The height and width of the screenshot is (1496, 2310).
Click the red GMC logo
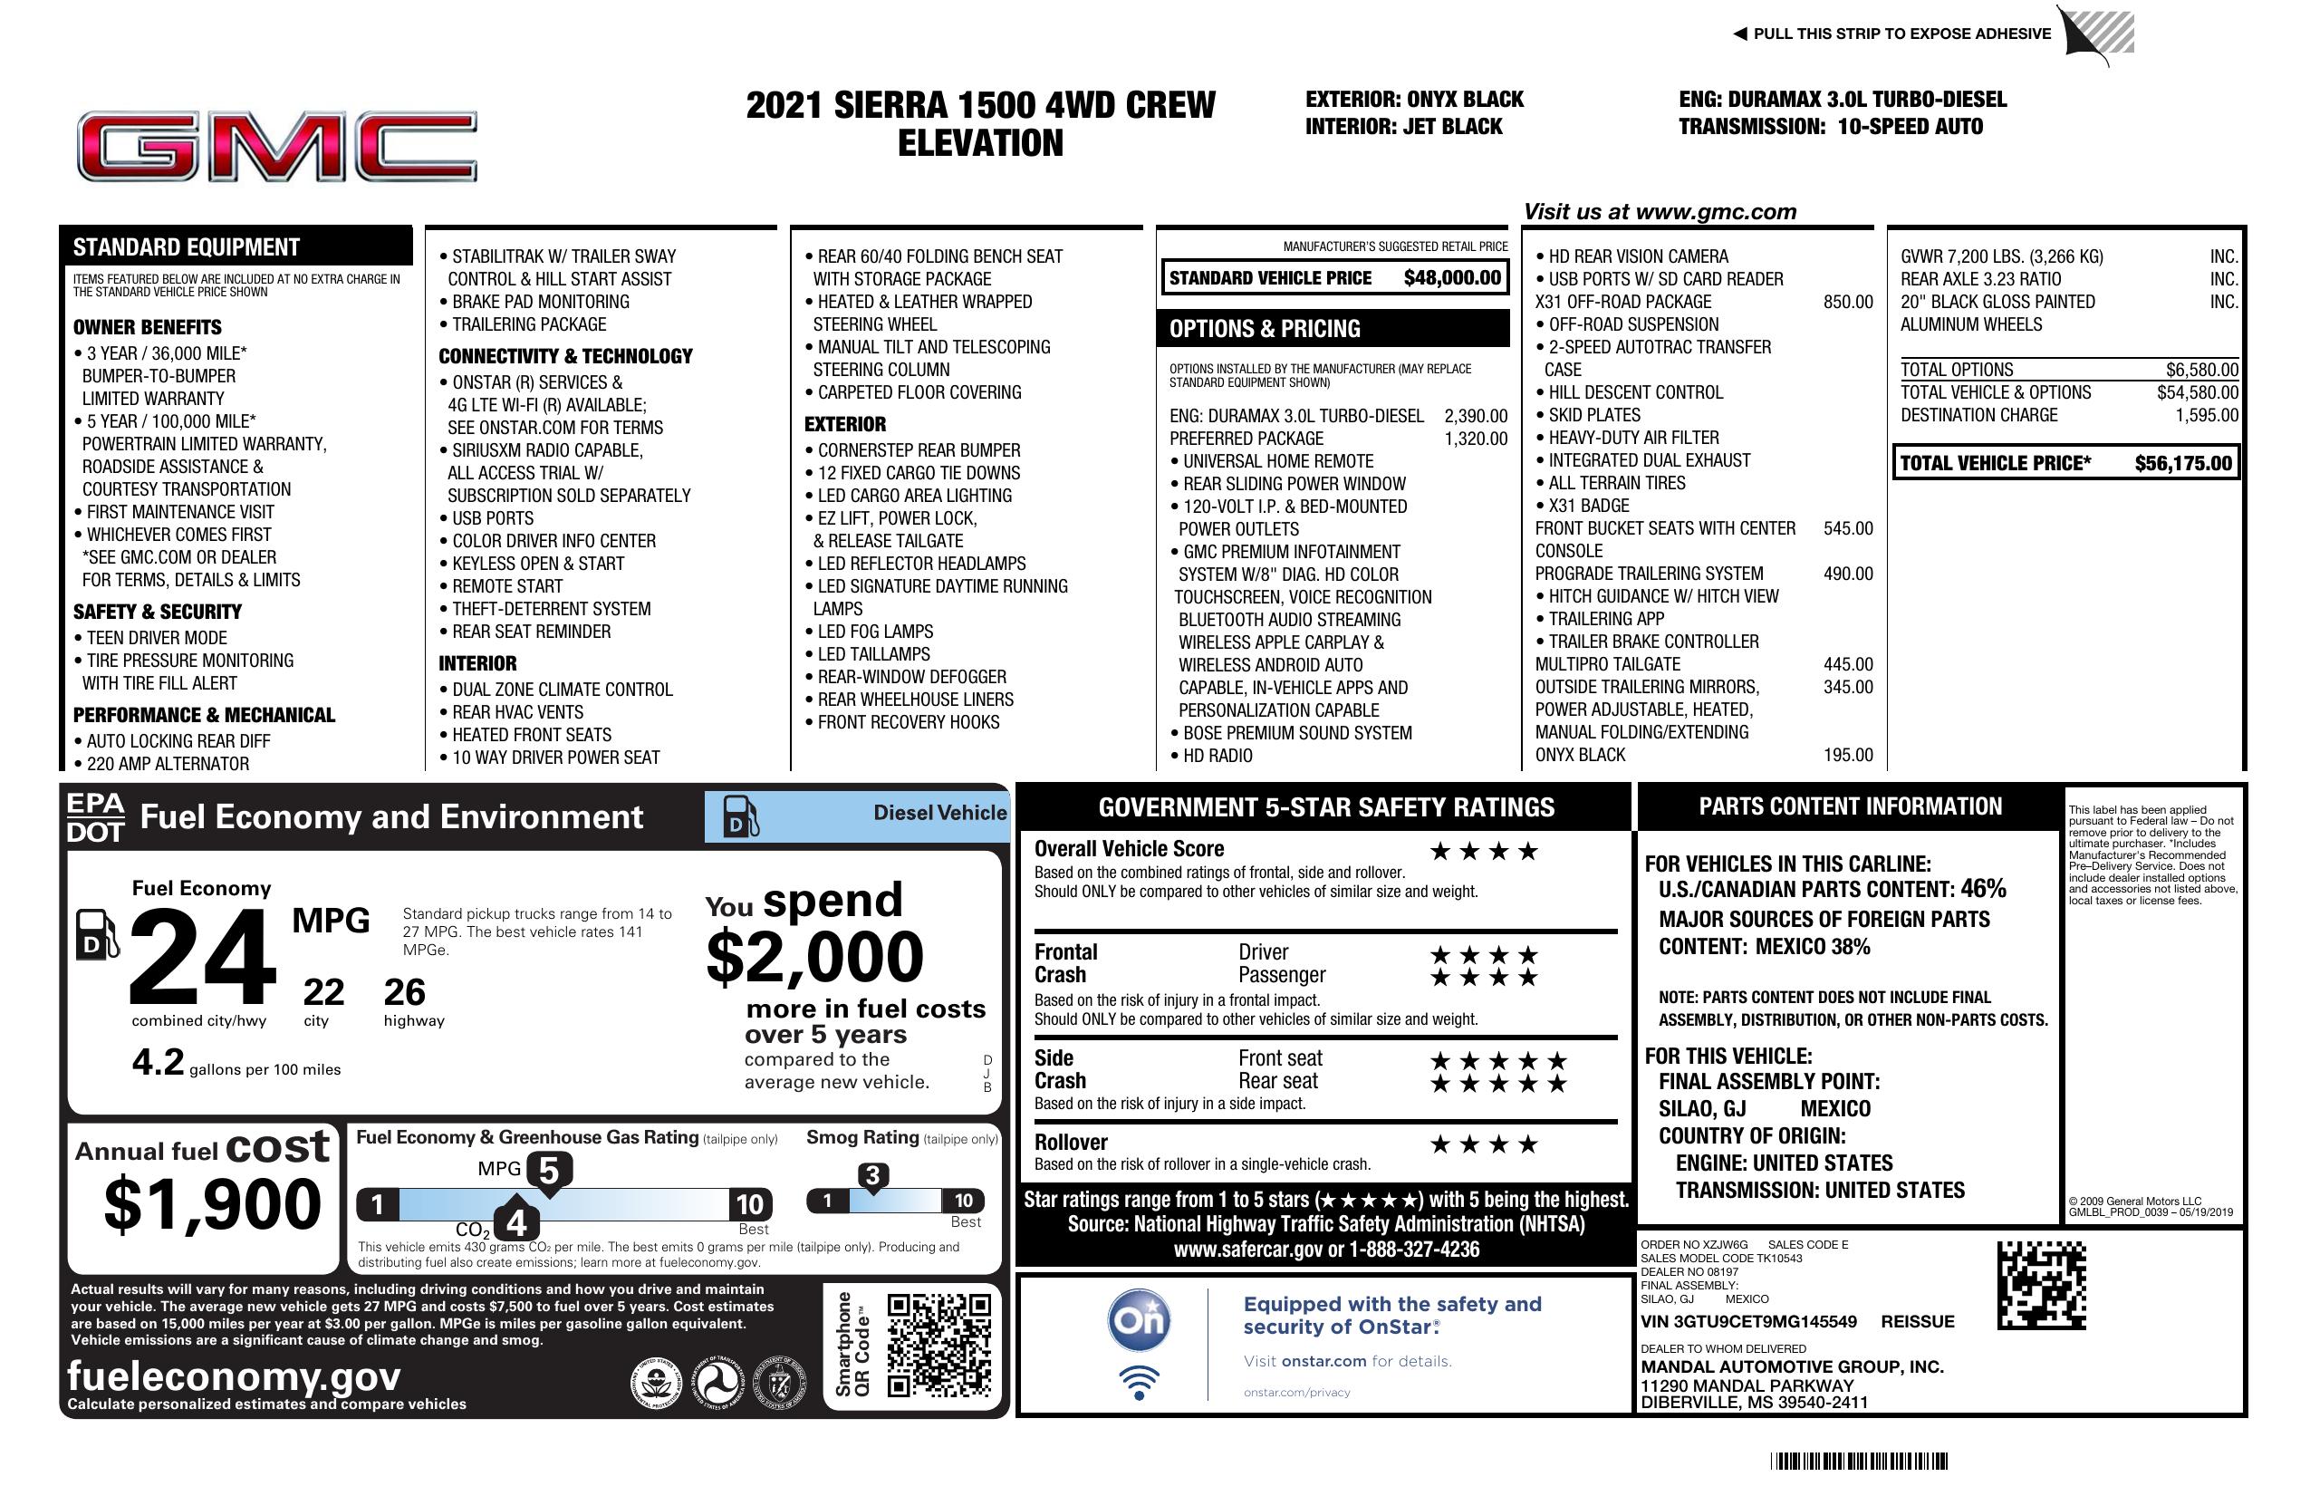[x=276, y=147]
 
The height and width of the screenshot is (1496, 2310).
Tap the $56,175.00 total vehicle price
[x=2183, y=463]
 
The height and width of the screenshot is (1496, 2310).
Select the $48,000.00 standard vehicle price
[x=1452, y=278]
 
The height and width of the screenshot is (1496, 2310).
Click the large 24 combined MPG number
[x=202, y=957]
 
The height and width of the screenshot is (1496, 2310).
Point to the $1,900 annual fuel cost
[x=212, y=1204]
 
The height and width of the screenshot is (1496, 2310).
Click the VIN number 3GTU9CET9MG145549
[x=1748, y=1321]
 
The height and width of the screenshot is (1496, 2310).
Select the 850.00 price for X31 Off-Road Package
[x=1847, y=302]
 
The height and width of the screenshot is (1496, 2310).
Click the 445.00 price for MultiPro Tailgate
[x=1847, y=664]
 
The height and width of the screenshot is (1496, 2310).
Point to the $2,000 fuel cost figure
[x=814, y=957]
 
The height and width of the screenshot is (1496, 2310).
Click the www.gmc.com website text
[x=1715, y=212]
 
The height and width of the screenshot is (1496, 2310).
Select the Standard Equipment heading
[x=187, y=247]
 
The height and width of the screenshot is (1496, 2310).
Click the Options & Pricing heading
[x=1264, y=329]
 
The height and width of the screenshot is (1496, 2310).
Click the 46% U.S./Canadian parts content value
[x=1982, y=888]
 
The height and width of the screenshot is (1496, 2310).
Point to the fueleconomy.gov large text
[x=234, y=1375]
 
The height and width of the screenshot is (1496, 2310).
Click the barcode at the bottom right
[x=1858, y=1461]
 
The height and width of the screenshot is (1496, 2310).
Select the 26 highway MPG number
[x=404, y=992]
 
